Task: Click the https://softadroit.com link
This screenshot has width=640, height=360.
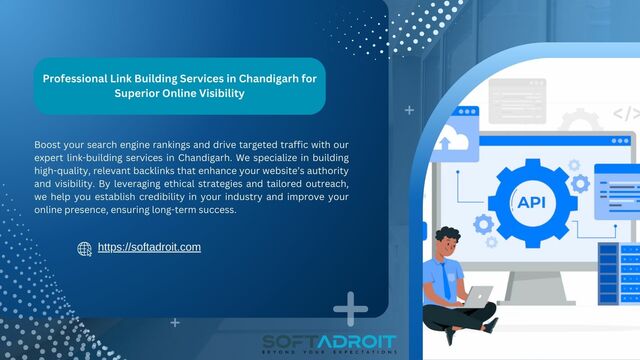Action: coord(150,246)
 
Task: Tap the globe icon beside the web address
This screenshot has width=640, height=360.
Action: coord(84,248)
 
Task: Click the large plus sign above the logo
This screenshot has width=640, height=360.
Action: coord(350,309)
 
